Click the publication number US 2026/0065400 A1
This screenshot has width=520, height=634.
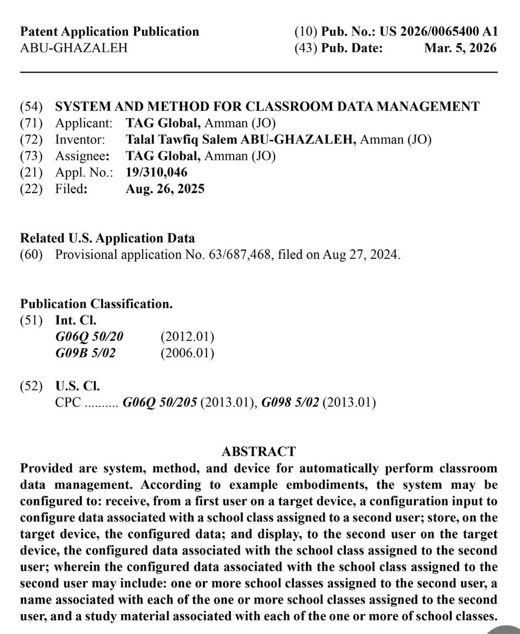tap(438, 32)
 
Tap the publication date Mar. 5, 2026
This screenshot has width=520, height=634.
tap(460, 48)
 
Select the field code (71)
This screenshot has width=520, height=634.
tap(32, 123)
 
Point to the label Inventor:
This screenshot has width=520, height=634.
tap(80, 140)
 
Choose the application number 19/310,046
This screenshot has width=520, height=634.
tap(157, 173)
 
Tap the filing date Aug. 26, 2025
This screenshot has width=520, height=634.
tap(165, 189)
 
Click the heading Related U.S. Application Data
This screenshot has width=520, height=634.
tap(107, 238)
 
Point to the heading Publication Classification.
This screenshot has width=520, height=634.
tap(96, 304)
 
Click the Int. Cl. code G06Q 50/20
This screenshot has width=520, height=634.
tap(89, 337)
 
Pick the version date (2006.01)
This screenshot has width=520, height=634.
tap(187, 353)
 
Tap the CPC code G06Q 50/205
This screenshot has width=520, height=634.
tap(160, 403)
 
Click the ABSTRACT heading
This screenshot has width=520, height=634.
tap(259, 452)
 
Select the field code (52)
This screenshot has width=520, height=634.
tap(32, 386)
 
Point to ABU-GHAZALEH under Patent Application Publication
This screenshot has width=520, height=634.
tap(73, 48)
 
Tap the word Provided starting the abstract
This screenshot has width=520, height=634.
tap(46, 468)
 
